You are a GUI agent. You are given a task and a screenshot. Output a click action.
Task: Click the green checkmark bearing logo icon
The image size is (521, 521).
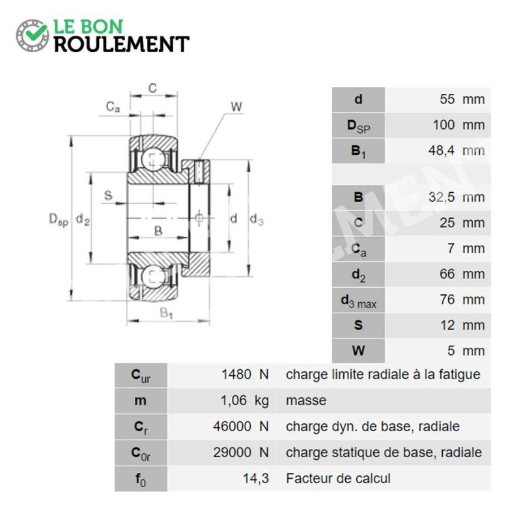click(x=32, y=36)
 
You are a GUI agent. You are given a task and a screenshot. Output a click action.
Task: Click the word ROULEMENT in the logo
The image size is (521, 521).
click(x=122, y=44)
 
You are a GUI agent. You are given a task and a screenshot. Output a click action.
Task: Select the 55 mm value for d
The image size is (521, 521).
click(x=462, y=100)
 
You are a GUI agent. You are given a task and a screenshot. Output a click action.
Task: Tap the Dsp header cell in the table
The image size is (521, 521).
click(x=358, y=125)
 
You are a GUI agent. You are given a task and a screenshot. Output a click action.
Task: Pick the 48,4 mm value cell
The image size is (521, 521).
click(x=457, y=150)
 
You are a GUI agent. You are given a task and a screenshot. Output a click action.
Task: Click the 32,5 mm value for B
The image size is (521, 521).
click(x=457, y=197)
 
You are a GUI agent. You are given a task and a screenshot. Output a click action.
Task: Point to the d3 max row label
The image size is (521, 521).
click(x=358, y=300)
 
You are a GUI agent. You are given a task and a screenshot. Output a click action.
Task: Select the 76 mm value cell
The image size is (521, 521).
click(x=462, y=300)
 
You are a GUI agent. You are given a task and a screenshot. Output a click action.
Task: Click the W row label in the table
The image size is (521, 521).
click(x=358, y=350)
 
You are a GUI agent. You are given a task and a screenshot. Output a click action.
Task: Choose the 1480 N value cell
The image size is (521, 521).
click(x=245, y=375)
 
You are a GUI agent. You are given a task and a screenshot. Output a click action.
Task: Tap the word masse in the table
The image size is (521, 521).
click(x=306, y=401)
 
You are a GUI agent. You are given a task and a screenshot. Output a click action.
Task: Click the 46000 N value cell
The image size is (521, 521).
click(x=241, y=427)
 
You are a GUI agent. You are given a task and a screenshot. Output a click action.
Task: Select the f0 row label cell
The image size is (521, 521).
click(x=141, y=479)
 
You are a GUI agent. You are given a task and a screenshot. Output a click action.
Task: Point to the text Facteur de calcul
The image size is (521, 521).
click(x=338, y=479)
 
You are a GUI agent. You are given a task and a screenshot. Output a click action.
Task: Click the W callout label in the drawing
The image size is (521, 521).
click(x=236, y=107)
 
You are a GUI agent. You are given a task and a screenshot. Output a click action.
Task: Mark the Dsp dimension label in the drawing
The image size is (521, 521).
click(x=59, y=219)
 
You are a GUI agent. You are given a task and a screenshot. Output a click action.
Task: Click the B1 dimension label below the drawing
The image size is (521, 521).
click(x=166, y=313)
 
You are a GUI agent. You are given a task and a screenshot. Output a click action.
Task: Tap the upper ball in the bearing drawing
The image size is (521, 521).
click(x=153, y=160)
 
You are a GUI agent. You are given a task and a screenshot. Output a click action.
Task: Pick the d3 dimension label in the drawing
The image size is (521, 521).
click(x=257, y=219)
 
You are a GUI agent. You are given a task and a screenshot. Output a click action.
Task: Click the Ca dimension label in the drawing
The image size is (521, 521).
click(x=113, y=107)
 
